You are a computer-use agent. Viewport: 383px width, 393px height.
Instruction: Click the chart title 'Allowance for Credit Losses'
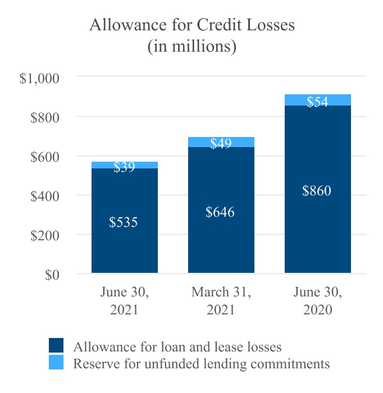(191, 26)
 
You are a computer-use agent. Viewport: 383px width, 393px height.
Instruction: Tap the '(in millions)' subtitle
(191, 47)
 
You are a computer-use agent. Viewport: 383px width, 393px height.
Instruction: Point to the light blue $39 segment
(125, 165)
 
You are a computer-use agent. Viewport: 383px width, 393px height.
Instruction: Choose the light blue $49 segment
(221, 142)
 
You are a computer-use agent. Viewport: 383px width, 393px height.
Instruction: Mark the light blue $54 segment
(317, 100)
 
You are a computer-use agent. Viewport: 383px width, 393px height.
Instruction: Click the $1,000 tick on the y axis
(39, 78)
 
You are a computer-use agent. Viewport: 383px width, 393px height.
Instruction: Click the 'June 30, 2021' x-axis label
(125, 300)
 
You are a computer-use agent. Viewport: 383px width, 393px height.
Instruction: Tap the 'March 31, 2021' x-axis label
(221, 300)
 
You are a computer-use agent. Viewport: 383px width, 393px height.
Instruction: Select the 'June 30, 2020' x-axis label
(317, 300)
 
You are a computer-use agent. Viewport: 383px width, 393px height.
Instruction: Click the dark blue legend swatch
(56, 345)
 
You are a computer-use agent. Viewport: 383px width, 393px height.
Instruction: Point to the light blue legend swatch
(56, 362)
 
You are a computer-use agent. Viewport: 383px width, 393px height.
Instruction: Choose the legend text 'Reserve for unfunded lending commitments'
(202, 363)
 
